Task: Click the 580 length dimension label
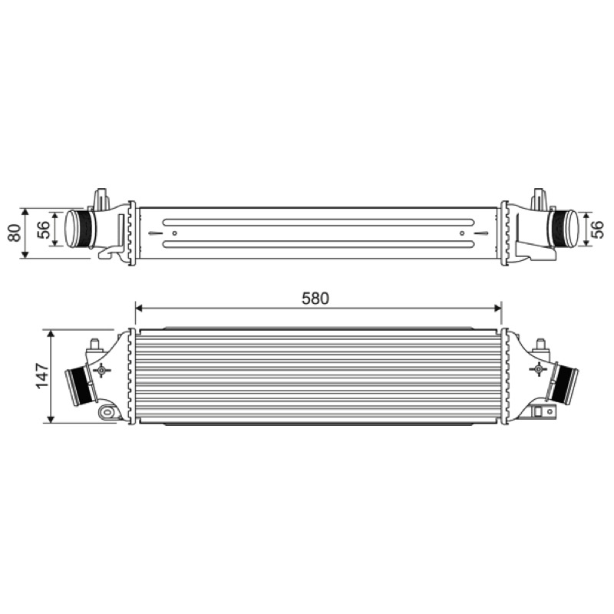[x=315, y=299]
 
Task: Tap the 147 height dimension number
[x=43, y=376]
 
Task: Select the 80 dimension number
[x=15, y=233]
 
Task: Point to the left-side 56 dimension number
[x=44, y=229]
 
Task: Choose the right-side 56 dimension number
[x=598, y=229]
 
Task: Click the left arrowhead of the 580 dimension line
[x=139, y=308]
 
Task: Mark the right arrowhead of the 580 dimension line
[x=497, y=308]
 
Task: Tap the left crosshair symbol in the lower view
[x=102, y=370]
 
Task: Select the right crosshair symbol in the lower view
[x=538, y=369]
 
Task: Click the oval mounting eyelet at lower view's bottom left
[x=107, y=412]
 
